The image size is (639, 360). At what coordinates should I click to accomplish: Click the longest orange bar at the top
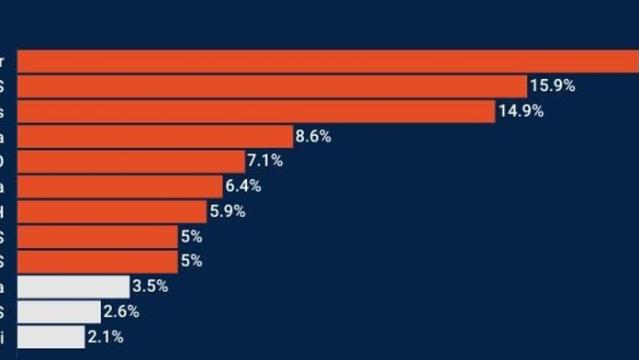tap(328, 62)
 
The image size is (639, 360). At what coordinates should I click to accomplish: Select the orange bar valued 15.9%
tap(272, 86)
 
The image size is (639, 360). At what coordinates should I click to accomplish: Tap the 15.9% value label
tap(553, 86)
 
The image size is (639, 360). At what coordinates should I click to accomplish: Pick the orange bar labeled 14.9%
tap(256, 111)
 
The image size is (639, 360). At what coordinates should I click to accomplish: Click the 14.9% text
tap(521, 111)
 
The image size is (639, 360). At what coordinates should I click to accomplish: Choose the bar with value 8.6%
tap(154, 136)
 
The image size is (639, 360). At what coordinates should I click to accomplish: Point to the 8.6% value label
tap(313, 136)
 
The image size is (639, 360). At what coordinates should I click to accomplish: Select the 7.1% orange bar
tap(131, 161)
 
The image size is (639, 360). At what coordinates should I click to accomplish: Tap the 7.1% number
tap(264, 161)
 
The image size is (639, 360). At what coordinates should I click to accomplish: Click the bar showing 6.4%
tap(120, 186)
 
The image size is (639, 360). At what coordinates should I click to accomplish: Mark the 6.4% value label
tap(243, 186)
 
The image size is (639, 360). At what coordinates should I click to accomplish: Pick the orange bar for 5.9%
tap(112, 211)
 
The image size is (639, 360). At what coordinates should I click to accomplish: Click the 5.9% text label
tap(228, 211)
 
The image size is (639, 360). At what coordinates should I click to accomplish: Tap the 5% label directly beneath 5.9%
tap(191, 236)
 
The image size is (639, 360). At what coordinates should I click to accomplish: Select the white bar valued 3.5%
tap(73, 287)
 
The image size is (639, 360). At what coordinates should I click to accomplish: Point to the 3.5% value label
tap(150, 287)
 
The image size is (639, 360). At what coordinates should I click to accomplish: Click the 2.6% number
tap(119, 311)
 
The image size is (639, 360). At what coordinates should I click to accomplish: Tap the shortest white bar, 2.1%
tap(50, 336)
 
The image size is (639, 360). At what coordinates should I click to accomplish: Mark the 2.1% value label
tap(105, 337)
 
